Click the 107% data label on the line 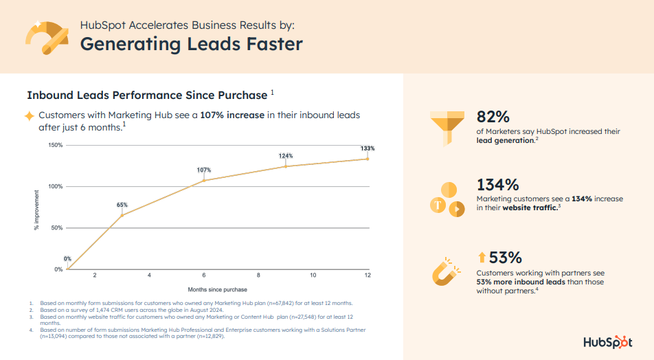pos(204,170)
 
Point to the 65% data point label pos(122,205)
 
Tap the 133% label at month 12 pos(368,148)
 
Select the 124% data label pos(286,156)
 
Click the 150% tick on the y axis pos(56,145)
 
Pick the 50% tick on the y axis pos(58,227)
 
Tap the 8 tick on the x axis pos(258,275)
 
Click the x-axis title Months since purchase pos(218,290)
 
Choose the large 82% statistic pos(493,116)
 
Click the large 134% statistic pos(497,185)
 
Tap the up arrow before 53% pos(482,258)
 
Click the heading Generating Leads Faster pos(191,44)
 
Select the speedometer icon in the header pos(45,36)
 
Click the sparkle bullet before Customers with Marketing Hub pos(30,115)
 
